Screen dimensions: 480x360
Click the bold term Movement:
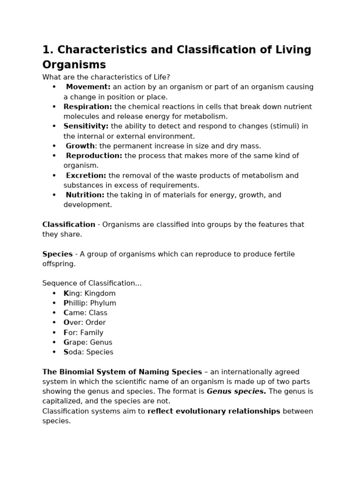pyautogui.click(x=88, y=87)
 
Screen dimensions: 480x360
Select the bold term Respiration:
pyautogui.click(x=88, y=106)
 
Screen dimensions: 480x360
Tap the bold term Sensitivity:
pyautogui.click(x=86, y=126)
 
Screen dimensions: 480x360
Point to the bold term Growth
pyautogui.click(x=80, y=146)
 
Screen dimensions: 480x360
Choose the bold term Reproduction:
pyautogui.click(x=94, y=156)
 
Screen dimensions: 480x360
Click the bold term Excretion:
pyautogui.click(x=86, y=175)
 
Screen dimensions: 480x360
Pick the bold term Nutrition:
pyautogui.click(x=85, y=195)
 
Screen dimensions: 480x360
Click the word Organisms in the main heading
pyautogui.click(x=74, y=65)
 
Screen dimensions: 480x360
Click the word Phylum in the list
pyautogui.click(x=103, y=303)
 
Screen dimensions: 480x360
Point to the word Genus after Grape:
pyautogui.click(x=102, y=342)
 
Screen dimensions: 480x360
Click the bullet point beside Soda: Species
pyautogui.click(x=54, y=352)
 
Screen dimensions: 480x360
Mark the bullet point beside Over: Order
pyautogui.click(x=54, y=322)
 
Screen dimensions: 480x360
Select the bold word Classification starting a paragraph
pyautogui.click(x=68, y=225)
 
